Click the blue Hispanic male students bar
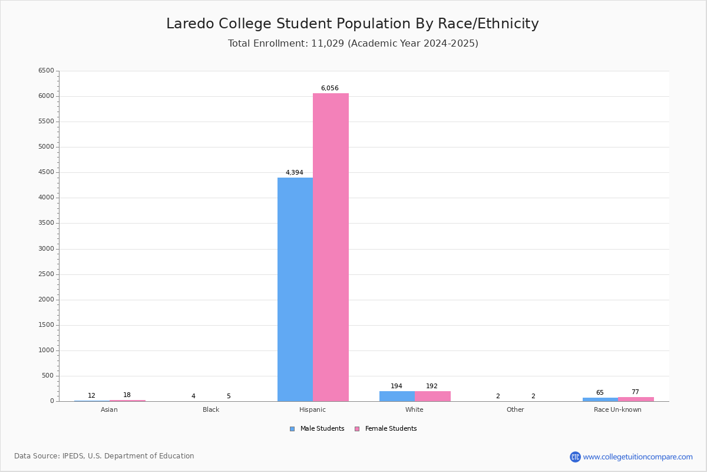[295, 289]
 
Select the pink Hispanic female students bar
[331, 247]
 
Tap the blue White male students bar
[397, 396]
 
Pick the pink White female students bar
[432, 396]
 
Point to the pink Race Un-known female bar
[636, 399]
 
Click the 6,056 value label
[329, 88]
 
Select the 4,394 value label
[294, 173]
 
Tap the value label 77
[635, 392]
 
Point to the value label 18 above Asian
[127, 395]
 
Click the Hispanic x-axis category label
[312, 410]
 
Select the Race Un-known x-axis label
[617, 410]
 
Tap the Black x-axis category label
[211, 410]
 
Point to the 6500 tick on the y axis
[46, 71]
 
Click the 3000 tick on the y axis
[46, 249]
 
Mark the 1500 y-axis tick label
[46, 325]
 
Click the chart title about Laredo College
[352, 24]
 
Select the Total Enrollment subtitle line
[353, 44]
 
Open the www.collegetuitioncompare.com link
[637, 457]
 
